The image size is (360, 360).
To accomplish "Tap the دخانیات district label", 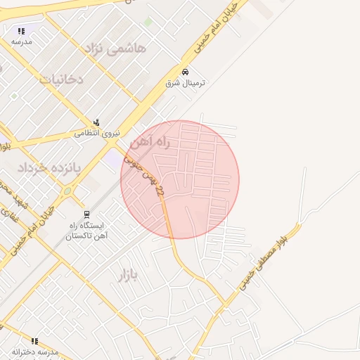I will [x=61, y=79].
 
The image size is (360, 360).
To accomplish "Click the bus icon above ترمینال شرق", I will [x=185, y=72].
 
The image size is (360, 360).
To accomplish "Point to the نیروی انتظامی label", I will [x=98, y=132].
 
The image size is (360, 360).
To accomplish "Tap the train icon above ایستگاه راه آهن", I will [x=86, y=214].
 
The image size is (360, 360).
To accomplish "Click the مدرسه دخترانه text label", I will [x=36, y=352].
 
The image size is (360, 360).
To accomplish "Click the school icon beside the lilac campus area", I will [x=21, y=31].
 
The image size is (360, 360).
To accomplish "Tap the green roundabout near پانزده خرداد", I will [x=67, y=190].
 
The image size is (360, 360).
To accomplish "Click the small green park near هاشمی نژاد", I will [x=148, y=22].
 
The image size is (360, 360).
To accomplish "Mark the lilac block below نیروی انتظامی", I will [x=112, y=159].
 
